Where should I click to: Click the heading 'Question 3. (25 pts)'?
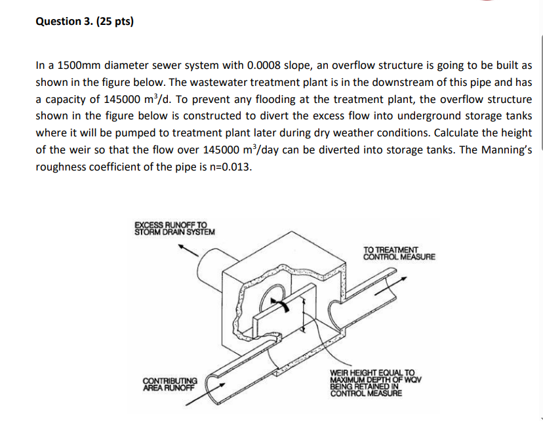tap(83, 21)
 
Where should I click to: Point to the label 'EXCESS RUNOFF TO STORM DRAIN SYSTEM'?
tap(173, 228)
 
